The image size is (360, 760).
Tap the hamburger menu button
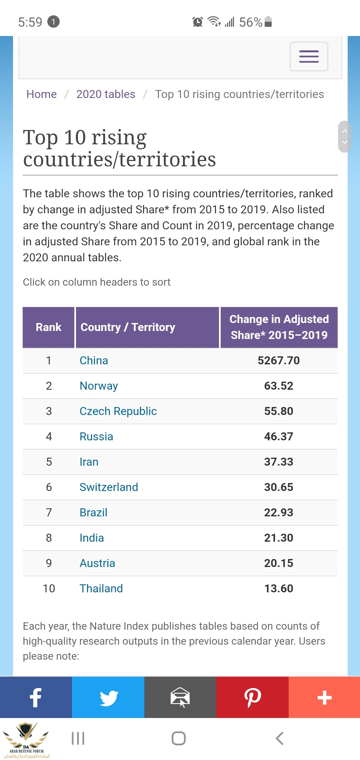pyautogui.click(x=309, y=56)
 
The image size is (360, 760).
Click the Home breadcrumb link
pyautogui.click(x=41, y=94)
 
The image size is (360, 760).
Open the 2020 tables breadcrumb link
pyautogui.click(x=106, y=94)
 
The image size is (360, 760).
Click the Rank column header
pyautogui.click(x=49, y=327)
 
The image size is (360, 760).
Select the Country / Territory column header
pyautogui.click(x=128, y=327)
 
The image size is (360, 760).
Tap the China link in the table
pyautogui.click(x=94, y=361)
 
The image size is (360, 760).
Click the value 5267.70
pyautogui.click(x=279, y=361)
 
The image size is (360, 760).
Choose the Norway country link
pyautogui.click(x=99, y=386)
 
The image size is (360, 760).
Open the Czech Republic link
pyautogui.click(x=118, y=411)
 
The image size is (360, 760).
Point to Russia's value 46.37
pyautogui.click(x=279, y=437)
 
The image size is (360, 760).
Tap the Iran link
pyautogui.click(x=89, y=462)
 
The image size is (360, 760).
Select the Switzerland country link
pyautogui.click(x=109, y=487)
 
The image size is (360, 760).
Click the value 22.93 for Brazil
pyautogui.click(x=279, y=513)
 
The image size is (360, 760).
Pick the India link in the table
pyautogui.click(x=92, y=538)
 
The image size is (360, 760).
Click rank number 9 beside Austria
pyautogui.click(x=49, y=563)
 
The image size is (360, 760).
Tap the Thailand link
pyautogui.click(x=101, y=589)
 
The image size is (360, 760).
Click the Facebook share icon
pyautogui.click(x=36, y=697)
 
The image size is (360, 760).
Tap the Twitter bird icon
pyautogui.click(x=108, y=697)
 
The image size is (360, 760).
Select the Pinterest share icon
pyautogui.click(x=252, y=697)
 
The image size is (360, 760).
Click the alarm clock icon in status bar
pyautogui.click(x=197, y=22)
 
